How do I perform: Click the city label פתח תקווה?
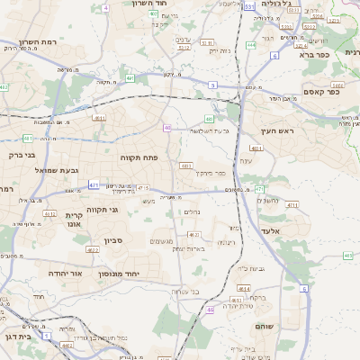pos(140,157)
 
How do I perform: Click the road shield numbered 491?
pos(130,78)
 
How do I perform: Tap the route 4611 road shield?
pos(99,117)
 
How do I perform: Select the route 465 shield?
pos(347,256)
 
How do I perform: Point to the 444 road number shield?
pos(251,44)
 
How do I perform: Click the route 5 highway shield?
pos(213,85)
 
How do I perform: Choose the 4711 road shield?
pos(292,205)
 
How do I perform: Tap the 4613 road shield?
pos(237,301)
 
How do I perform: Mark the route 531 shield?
pos(248,6)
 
